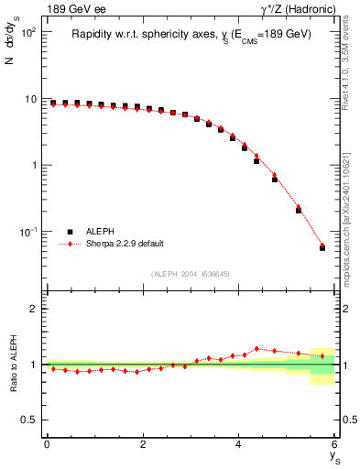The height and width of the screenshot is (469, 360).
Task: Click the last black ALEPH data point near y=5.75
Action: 322,247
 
